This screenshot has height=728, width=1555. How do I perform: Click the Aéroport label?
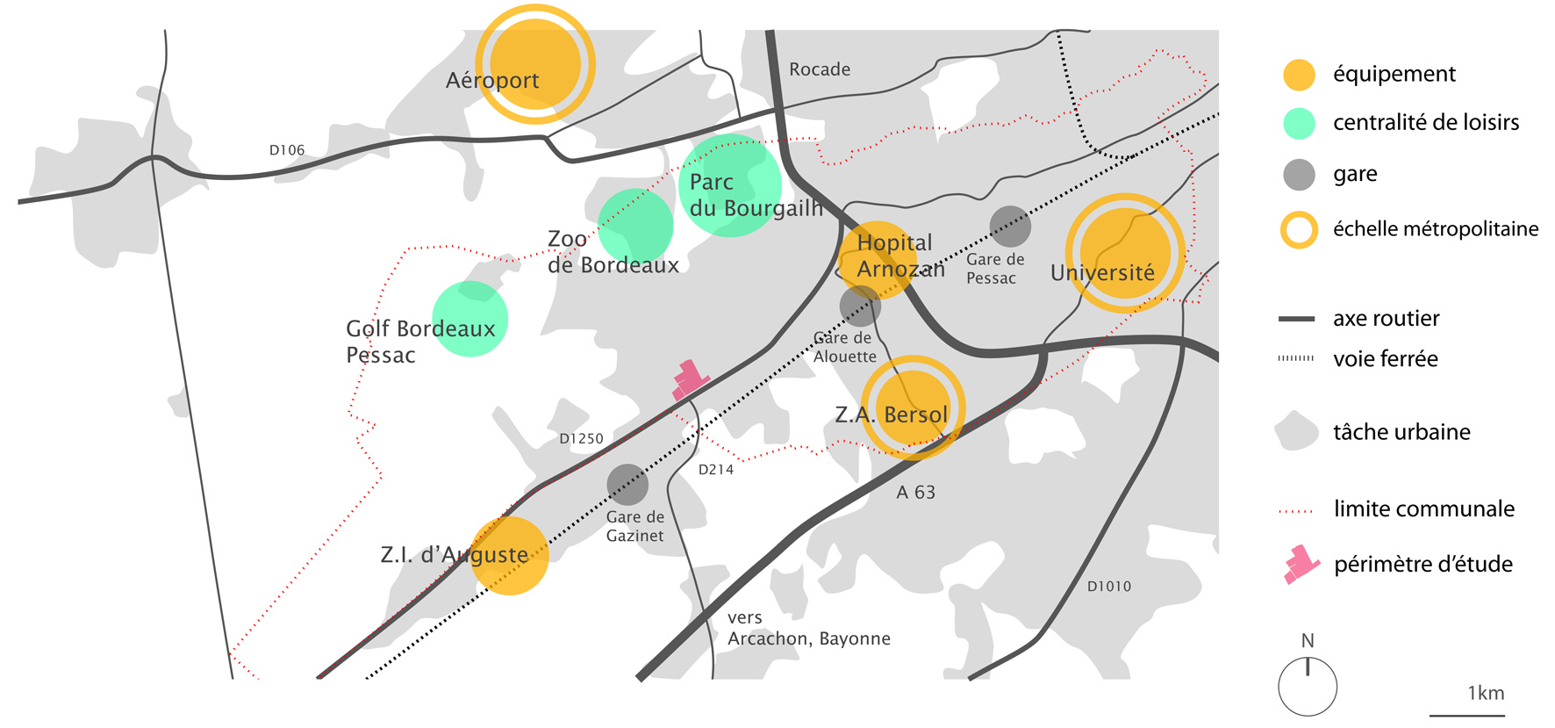tap(492, 81)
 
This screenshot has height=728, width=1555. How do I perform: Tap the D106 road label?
tap(287, 150)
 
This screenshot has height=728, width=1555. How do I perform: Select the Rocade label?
tap(820, 69)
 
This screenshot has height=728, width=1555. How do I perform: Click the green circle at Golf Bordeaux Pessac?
tap(470, 318)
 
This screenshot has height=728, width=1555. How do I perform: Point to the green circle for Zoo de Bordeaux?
tap(635, 226)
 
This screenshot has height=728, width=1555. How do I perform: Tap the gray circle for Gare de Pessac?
tap(1010, 227)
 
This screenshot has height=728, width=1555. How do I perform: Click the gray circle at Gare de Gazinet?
tap(627, 485)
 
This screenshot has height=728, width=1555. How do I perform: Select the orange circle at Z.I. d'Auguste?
tap(510, 555)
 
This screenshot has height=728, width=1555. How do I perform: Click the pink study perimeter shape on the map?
tap(689, 379)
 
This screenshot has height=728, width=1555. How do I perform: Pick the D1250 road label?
tap(581, 438)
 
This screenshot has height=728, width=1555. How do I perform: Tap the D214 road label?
tap(716, 470)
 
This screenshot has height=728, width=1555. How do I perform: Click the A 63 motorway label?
tap(916, 493)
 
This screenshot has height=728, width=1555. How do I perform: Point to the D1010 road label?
tap(1109, 586)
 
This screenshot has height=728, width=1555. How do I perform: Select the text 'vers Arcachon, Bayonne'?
tap(808, 628)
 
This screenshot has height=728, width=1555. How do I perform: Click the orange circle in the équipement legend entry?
tap(1299, 75)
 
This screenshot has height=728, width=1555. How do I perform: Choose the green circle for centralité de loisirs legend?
tap(1299, 124)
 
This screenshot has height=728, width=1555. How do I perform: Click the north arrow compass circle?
tap(1308, 686)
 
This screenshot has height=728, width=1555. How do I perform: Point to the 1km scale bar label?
tap(1486, 693)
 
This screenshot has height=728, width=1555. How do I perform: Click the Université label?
tap(1102, 273)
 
